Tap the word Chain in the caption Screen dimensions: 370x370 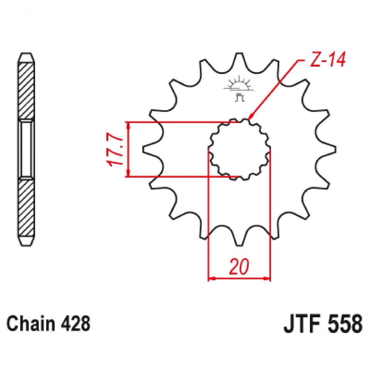(29, 324)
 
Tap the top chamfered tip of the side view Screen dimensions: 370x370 (26, 57)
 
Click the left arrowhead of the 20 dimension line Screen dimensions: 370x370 (210, 278)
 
